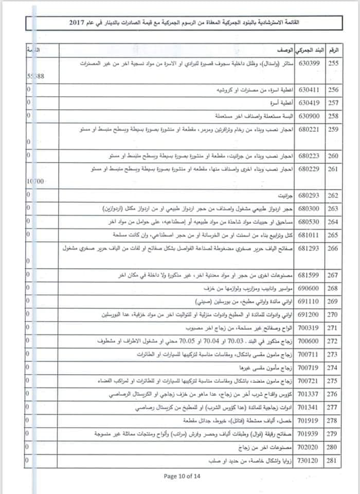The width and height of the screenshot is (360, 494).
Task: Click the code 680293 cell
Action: pyautogui.click(x=309, y=196)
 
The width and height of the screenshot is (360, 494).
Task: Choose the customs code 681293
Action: pyautogui.click(x=309, y=248)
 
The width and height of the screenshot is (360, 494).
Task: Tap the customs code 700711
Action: pyautogui.click(x=309, y=355)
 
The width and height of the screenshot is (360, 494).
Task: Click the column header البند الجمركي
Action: pyautogui.click(x=309, y=50)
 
